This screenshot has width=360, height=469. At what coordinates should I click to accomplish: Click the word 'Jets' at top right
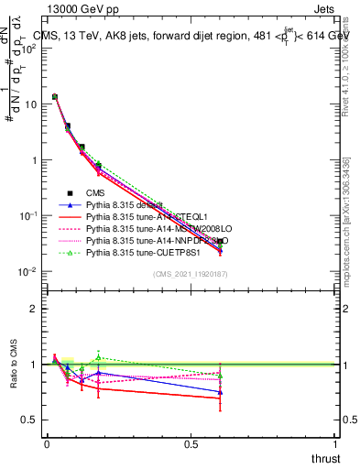324,8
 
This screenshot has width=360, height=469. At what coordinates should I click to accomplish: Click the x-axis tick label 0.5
191,443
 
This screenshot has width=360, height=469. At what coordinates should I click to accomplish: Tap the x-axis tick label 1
335,443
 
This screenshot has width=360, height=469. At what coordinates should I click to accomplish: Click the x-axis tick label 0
47,443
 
